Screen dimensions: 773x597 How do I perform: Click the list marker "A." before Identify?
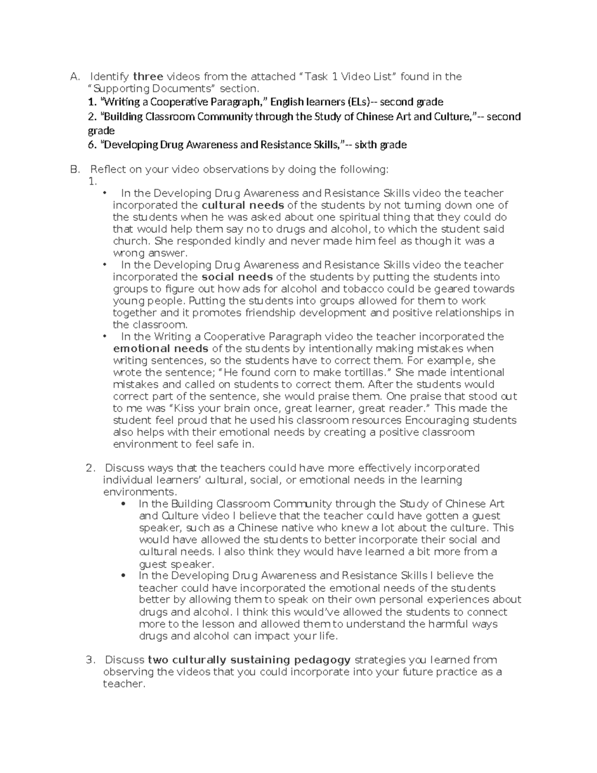(75, 77)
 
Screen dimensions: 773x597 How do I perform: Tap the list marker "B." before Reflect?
(75, 170)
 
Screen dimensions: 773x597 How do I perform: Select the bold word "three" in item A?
(148, 77)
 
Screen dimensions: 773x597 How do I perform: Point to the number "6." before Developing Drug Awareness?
(92, 145)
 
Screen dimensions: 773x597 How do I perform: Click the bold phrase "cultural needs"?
(242, 205)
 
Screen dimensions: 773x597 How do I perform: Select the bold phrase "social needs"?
(237, 277)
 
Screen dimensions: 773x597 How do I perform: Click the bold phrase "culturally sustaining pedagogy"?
(249, 660)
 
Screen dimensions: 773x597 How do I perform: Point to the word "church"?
(131, 241)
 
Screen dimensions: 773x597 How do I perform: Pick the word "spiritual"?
(362, 217)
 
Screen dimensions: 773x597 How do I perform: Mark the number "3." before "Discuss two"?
(90, 660)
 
